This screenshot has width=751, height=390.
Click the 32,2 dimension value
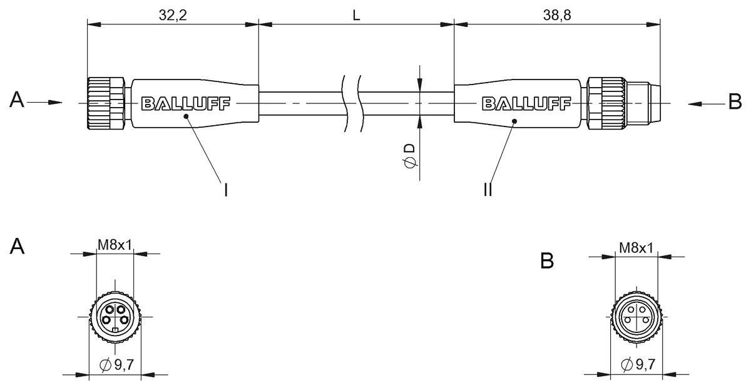173,15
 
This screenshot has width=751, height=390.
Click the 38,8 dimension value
557,15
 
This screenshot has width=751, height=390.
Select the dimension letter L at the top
356,15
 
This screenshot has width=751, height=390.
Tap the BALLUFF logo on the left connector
186,103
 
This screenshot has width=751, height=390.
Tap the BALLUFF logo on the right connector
526,103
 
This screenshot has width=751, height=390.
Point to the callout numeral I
225,189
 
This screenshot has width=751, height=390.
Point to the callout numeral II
488,189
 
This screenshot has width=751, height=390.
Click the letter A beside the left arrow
17,101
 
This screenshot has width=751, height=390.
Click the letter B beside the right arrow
735,101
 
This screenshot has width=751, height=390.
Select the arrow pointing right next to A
47,102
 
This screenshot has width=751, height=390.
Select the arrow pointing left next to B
704,102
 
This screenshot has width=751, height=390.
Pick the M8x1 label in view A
115,245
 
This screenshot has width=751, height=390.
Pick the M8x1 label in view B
636,248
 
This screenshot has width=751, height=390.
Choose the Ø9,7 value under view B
636,364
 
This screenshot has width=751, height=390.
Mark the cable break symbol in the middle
352,103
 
